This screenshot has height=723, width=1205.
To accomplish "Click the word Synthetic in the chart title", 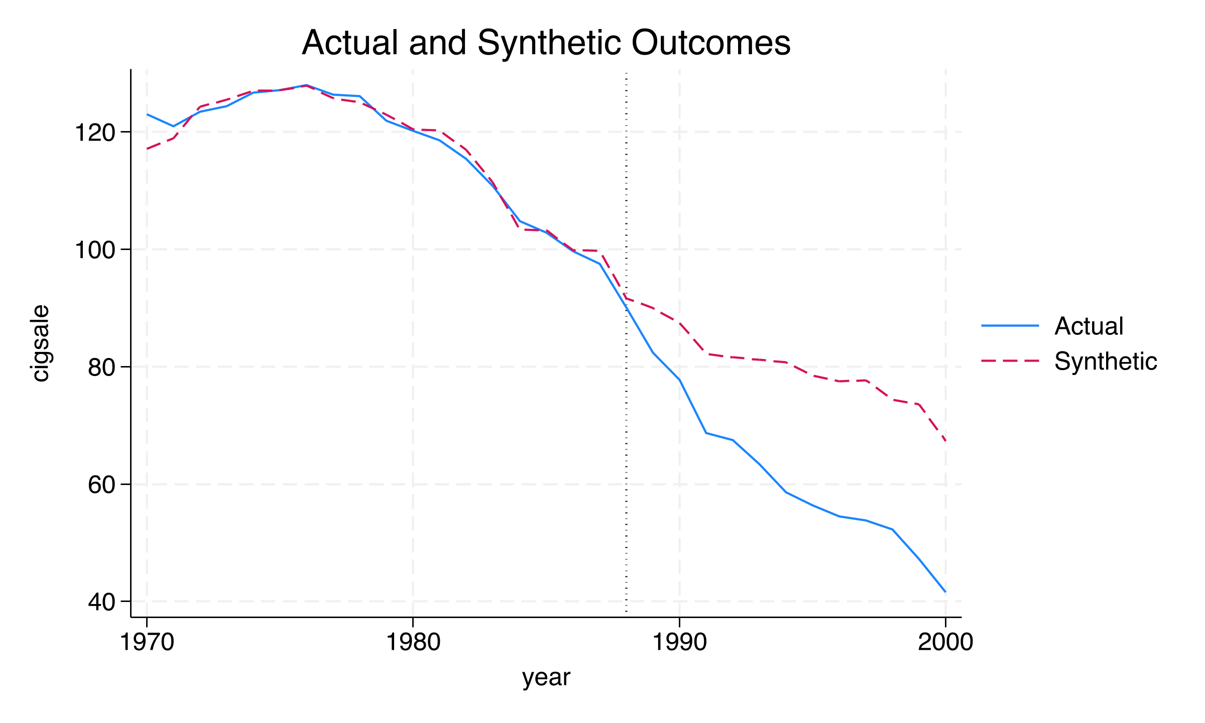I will [548, 43].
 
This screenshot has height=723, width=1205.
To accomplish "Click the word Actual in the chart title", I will [350, 43].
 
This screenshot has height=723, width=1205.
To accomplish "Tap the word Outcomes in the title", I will [710, 43].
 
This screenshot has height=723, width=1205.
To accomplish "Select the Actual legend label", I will [1089, 326].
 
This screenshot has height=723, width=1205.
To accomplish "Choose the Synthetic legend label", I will [1106, 361].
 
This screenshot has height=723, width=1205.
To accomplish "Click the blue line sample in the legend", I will [1010, 326].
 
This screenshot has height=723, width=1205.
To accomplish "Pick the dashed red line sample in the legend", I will [1010, 360].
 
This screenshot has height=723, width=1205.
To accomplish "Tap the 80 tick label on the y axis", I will [102, 368].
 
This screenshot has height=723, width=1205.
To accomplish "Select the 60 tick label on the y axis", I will [102, 485].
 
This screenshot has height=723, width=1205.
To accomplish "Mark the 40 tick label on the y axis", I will [102, 602].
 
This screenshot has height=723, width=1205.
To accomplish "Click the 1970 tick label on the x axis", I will [147, 642].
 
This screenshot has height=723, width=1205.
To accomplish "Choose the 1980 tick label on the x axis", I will [413, 642].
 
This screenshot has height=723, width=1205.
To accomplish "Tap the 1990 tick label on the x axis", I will [679, 642].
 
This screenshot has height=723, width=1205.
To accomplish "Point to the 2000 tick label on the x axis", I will [945, 642].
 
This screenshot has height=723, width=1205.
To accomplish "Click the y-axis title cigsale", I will [40, 343].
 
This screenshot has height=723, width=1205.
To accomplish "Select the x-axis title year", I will [546, 677].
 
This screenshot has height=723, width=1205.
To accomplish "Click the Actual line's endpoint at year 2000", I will [945, 592].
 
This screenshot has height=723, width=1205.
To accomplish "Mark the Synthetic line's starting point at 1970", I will [147, 149].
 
